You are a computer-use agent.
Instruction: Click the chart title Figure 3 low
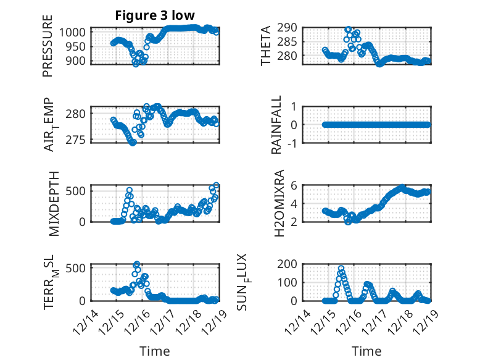click(x=155, y=15)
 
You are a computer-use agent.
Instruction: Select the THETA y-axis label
click(x=266, y=46)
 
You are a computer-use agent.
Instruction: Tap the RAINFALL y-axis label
click(x=277, y=125)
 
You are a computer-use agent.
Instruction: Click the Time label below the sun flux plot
click(x=366, y=351)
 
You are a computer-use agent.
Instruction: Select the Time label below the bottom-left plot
click(x=154, y=351)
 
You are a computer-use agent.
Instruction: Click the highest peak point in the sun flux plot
click(x=341, y=269)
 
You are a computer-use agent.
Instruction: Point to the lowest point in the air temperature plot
click(x=132, y=143)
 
